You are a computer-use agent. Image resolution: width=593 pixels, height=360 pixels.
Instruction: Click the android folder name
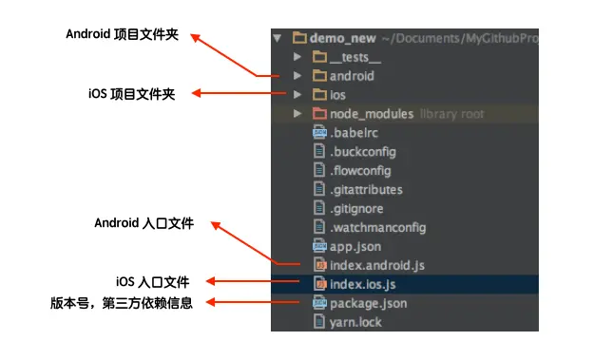(x=352, y=76)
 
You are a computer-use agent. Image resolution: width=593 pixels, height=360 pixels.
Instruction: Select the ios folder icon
(x=319, y=95)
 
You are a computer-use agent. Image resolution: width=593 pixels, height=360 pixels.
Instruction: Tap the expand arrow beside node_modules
(x=297, y=113)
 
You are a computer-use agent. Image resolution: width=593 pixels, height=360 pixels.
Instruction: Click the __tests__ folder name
(x=355, y=57)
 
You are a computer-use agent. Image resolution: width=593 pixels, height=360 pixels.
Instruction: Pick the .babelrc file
(x=354, y=133)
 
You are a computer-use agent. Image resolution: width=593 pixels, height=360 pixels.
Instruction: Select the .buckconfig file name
(x=363, y=152)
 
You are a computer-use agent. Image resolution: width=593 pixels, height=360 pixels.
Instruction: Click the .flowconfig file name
(x=360, y=171)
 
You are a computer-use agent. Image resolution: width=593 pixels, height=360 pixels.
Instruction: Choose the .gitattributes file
(x=366, y=189)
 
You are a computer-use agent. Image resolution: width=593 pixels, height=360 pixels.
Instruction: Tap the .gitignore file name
(x=356, y=208)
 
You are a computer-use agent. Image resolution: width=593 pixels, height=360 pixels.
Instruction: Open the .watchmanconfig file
(x=378, y=227)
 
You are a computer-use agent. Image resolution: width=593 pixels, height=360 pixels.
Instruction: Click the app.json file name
(x=355, y=247)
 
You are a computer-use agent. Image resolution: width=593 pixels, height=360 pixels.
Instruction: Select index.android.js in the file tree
(x=377, y=265)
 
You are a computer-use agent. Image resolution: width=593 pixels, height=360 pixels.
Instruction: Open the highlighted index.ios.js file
(x=363, y=284)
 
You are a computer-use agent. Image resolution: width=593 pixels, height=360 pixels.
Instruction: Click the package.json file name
(x=369, y=303)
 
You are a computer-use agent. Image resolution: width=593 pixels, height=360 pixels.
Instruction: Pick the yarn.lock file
(x=355, y=322)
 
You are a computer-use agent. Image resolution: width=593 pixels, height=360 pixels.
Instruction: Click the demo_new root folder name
(x=343, y=38)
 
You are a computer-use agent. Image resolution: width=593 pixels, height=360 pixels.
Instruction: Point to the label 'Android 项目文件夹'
(x=123, y=34)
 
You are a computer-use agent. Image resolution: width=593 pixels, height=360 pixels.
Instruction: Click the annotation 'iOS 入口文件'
(x=152, y=282)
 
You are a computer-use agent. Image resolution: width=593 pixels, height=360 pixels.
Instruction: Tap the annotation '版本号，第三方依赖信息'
(x=122, y=303)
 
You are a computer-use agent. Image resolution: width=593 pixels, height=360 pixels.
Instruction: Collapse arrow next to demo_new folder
(x=277, y=38)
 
